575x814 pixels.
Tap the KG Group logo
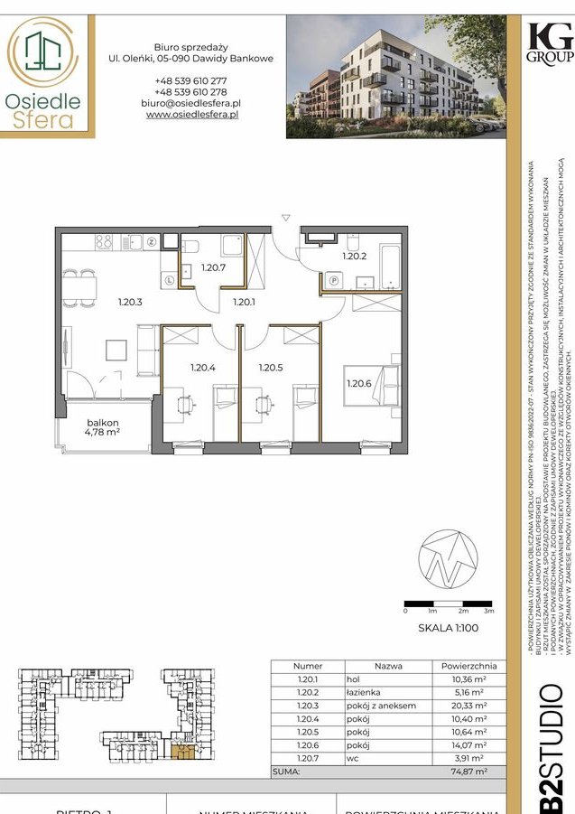(549, 42)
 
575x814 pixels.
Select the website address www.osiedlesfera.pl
(191, 116)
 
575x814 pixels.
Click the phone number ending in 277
(191, 80)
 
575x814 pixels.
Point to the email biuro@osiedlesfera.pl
(191, 104)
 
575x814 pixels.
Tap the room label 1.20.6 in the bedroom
(359, 383)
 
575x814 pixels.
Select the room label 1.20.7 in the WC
(212, 267)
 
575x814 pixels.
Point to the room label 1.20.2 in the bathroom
(353, 256)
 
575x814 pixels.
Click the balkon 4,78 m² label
(104, 426)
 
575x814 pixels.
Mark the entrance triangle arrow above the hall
(285, 218)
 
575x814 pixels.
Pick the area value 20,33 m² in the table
(469, 706)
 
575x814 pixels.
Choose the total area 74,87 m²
(469, 772)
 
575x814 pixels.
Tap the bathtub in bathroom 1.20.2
(389, 265)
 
